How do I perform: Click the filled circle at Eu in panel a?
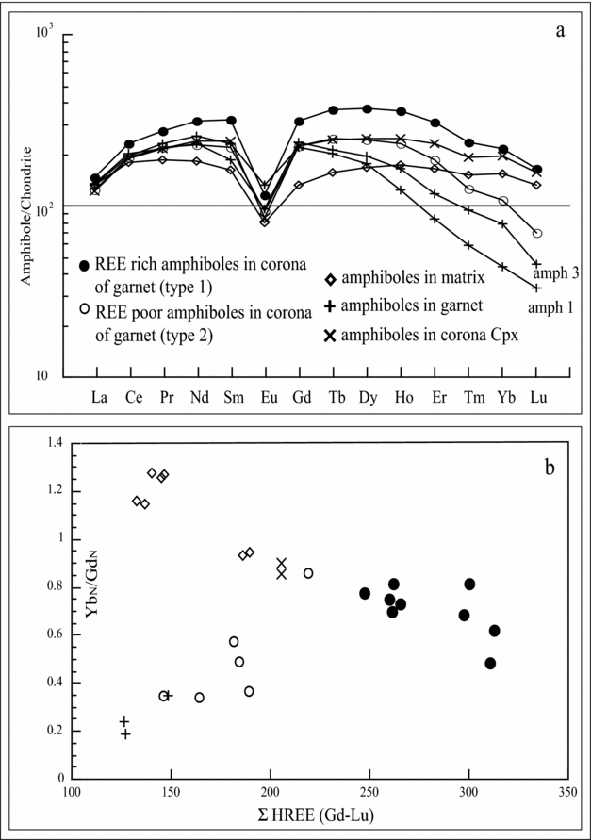[265, 195]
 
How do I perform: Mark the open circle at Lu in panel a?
[536, 233]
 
